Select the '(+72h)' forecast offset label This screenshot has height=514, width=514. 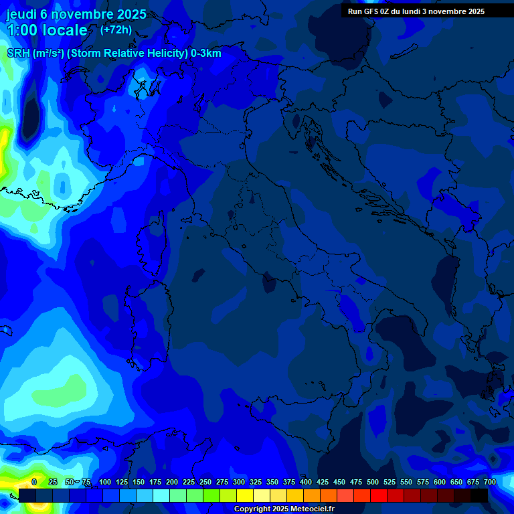(116, 30)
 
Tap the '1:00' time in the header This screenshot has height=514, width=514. (22, 31)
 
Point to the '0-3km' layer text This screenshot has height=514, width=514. (205, 54)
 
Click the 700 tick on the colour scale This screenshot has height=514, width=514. (489, 482)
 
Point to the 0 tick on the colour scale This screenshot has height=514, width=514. (34, 482)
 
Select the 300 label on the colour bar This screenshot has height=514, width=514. (239, 482)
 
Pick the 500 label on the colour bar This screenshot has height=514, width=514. (373, 482)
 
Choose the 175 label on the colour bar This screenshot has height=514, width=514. (155, 482)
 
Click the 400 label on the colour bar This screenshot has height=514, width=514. (306, 482)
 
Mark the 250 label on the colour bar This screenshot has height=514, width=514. (205, 482)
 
